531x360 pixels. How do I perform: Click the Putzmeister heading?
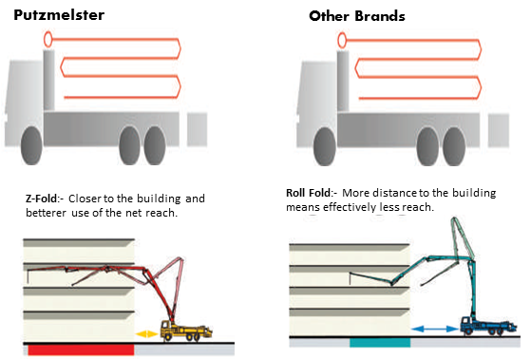click(x=59, y=15)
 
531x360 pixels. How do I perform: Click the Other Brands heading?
click(x=357, y=16)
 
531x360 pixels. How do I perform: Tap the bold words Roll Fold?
click(x=308, y=193)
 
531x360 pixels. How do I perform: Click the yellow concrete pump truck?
click(x=186, y=331)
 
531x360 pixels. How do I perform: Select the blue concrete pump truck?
click(x=488, y=326)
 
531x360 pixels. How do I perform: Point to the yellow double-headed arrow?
click(x=146, y=334)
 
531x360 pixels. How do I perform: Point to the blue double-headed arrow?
click(x=435, y=329)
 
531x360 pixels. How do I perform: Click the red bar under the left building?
click(x=81, y=350)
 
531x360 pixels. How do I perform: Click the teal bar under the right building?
click(x=380, y=342)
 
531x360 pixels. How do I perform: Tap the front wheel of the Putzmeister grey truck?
click(x=31, y=145)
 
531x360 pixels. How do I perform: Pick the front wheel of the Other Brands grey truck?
click(x=325, y=146)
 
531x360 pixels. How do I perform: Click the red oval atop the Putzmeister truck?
click(x=47, y=39)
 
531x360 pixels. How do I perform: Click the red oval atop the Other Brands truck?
click(x=342, y=40)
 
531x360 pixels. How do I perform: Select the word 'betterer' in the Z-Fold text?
click(x=46, y=213)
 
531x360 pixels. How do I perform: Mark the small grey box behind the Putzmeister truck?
click(x=197, y=129)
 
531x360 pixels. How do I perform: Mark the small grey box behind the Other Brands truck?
click(x=499, y=131)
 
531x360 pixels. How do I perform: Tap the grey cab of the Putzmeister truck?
click(x=24, y=102)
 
